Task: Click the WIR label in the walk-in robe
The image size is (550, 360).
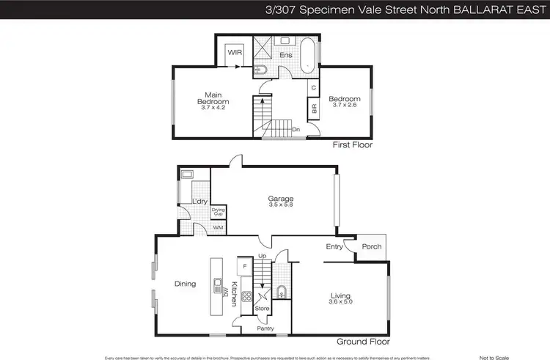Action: [x=235, y=53]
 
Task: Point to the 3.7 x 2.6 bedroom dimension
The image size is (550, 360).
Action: [x=343, y=106]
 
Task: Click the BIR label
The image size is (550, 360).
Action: [x=314, y=108]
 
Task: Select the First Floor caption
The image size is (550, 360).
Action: [x=353, y=145]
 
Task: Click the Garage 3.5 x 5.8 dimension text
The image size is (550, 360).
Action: [x=279, y=206]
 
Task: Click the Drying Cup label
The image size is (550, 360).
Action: [x=218, y=213]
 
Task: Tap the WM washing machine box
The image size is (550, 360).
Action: [x=218, y=228]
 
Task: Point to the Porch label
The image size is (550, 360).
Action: [x=372, y=246]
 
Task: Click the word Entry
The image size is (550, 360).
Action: [x=334, y=246]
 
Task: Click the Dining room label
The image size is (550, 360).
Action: [x=185, y=284]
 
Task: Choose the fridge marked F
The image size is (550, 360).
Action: [x=245, y=265]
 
